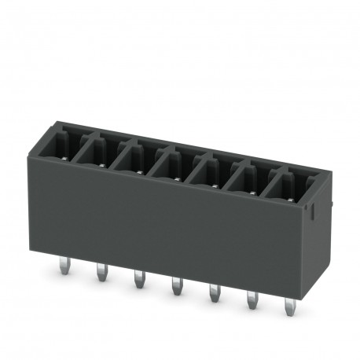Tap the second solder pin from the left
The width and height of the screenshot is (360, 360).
click(101, 274)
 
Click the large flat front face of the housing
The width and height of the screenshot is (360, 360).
click(173, 220)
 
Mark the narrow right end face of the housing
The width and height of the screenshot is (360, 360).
click(314, 236)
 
